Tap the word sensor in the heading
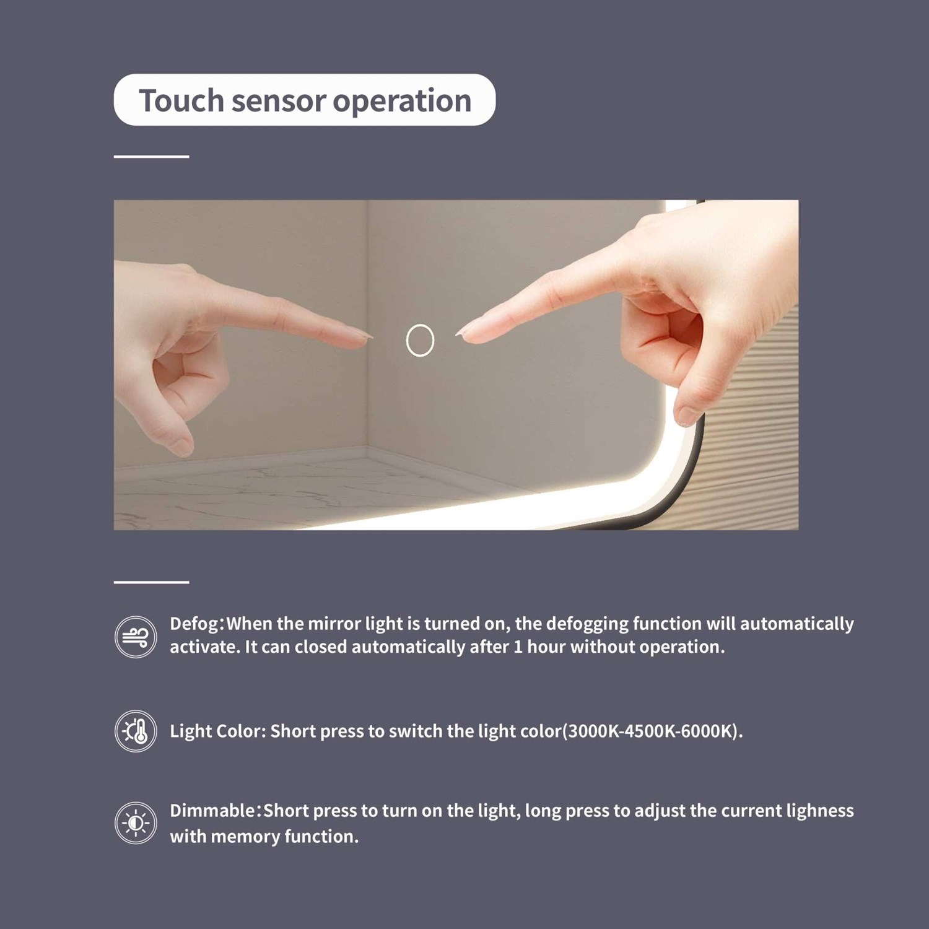[x=279, y=101]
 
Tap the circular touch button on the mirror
[x=420, y=340]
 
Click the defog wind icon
[x=136, y=637]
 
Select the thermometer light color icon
[x=136, y=731]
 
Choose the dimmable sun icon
[x=136, y=823]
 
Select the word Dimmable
[x=212, y=810]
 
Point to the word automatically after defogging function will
[x=797, y=624]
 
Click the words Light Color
[x=217, y=731]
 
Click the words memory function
[x=284, y=837]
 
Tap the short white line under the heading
[x=151, y=157]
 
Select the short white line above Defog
[x=151, y=582]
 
